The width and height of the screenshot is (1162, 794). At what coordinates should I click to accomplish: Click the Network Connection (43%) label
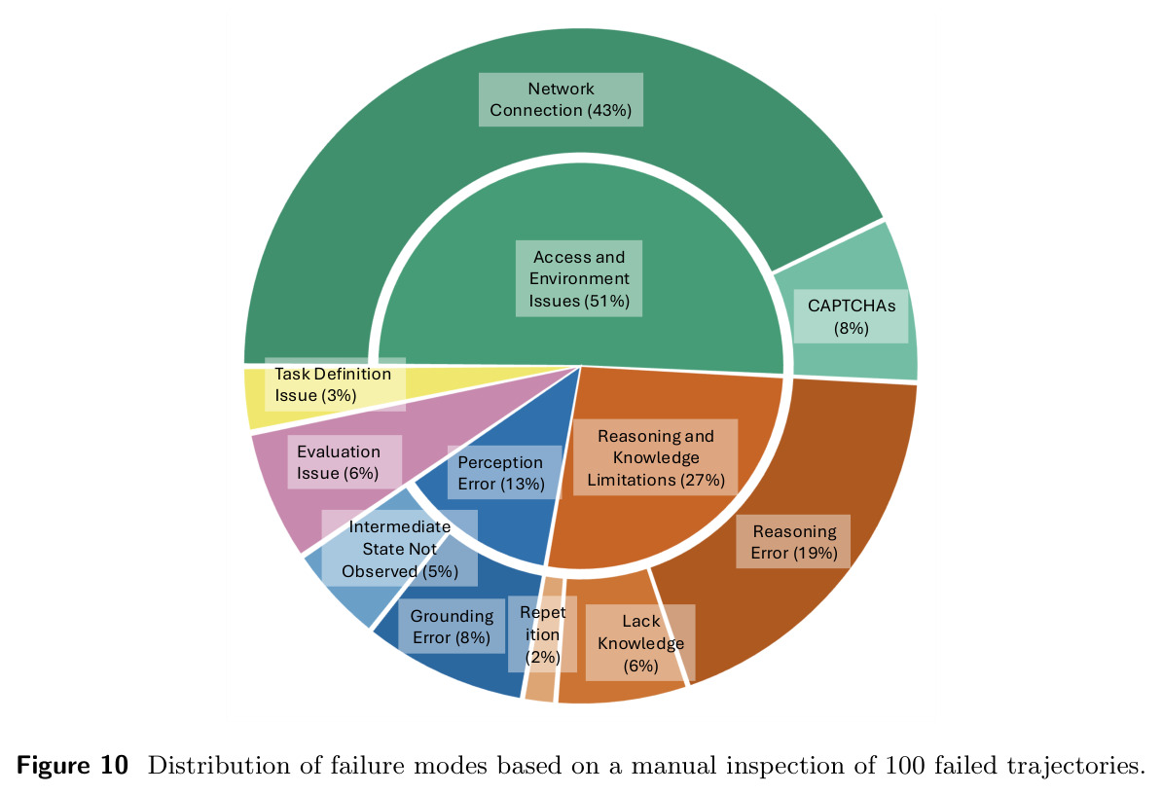[x=561, y=99]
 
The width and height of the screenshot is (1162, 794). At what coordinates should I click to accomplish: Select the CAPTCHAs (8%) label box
[x=851, y=316]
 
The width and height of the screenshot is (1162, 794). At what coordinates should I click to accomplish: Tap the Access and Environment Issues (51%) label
[x=579, y=278]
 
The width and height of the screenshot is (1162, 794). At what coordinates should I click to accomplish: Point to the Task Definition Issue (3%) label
[x=335, y=384]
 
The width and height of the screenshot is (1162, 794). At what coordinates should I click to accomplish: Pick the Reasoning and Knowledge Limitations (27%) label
[x=655, y=457]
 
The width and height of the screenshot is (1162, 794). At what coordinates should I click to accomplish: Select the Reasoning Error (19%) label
[x=793, y=541]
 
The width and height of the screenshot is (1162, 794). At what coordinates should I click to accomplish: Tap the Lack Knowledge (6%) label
[x=640, y=643]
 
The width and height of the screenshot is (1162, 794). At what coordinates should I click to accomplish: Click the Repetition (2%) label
[x=542, y=634]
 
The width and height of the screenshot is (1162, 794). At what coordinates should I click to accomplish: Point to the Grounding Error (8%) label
[x=453, y=627]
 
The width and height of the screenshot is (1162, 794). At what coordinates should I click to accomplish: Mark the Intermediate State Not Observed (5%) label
[x=399, y=548]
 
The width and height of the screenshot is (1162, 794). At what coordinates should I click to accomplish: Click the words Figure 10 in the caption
[x=72, y=765]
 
